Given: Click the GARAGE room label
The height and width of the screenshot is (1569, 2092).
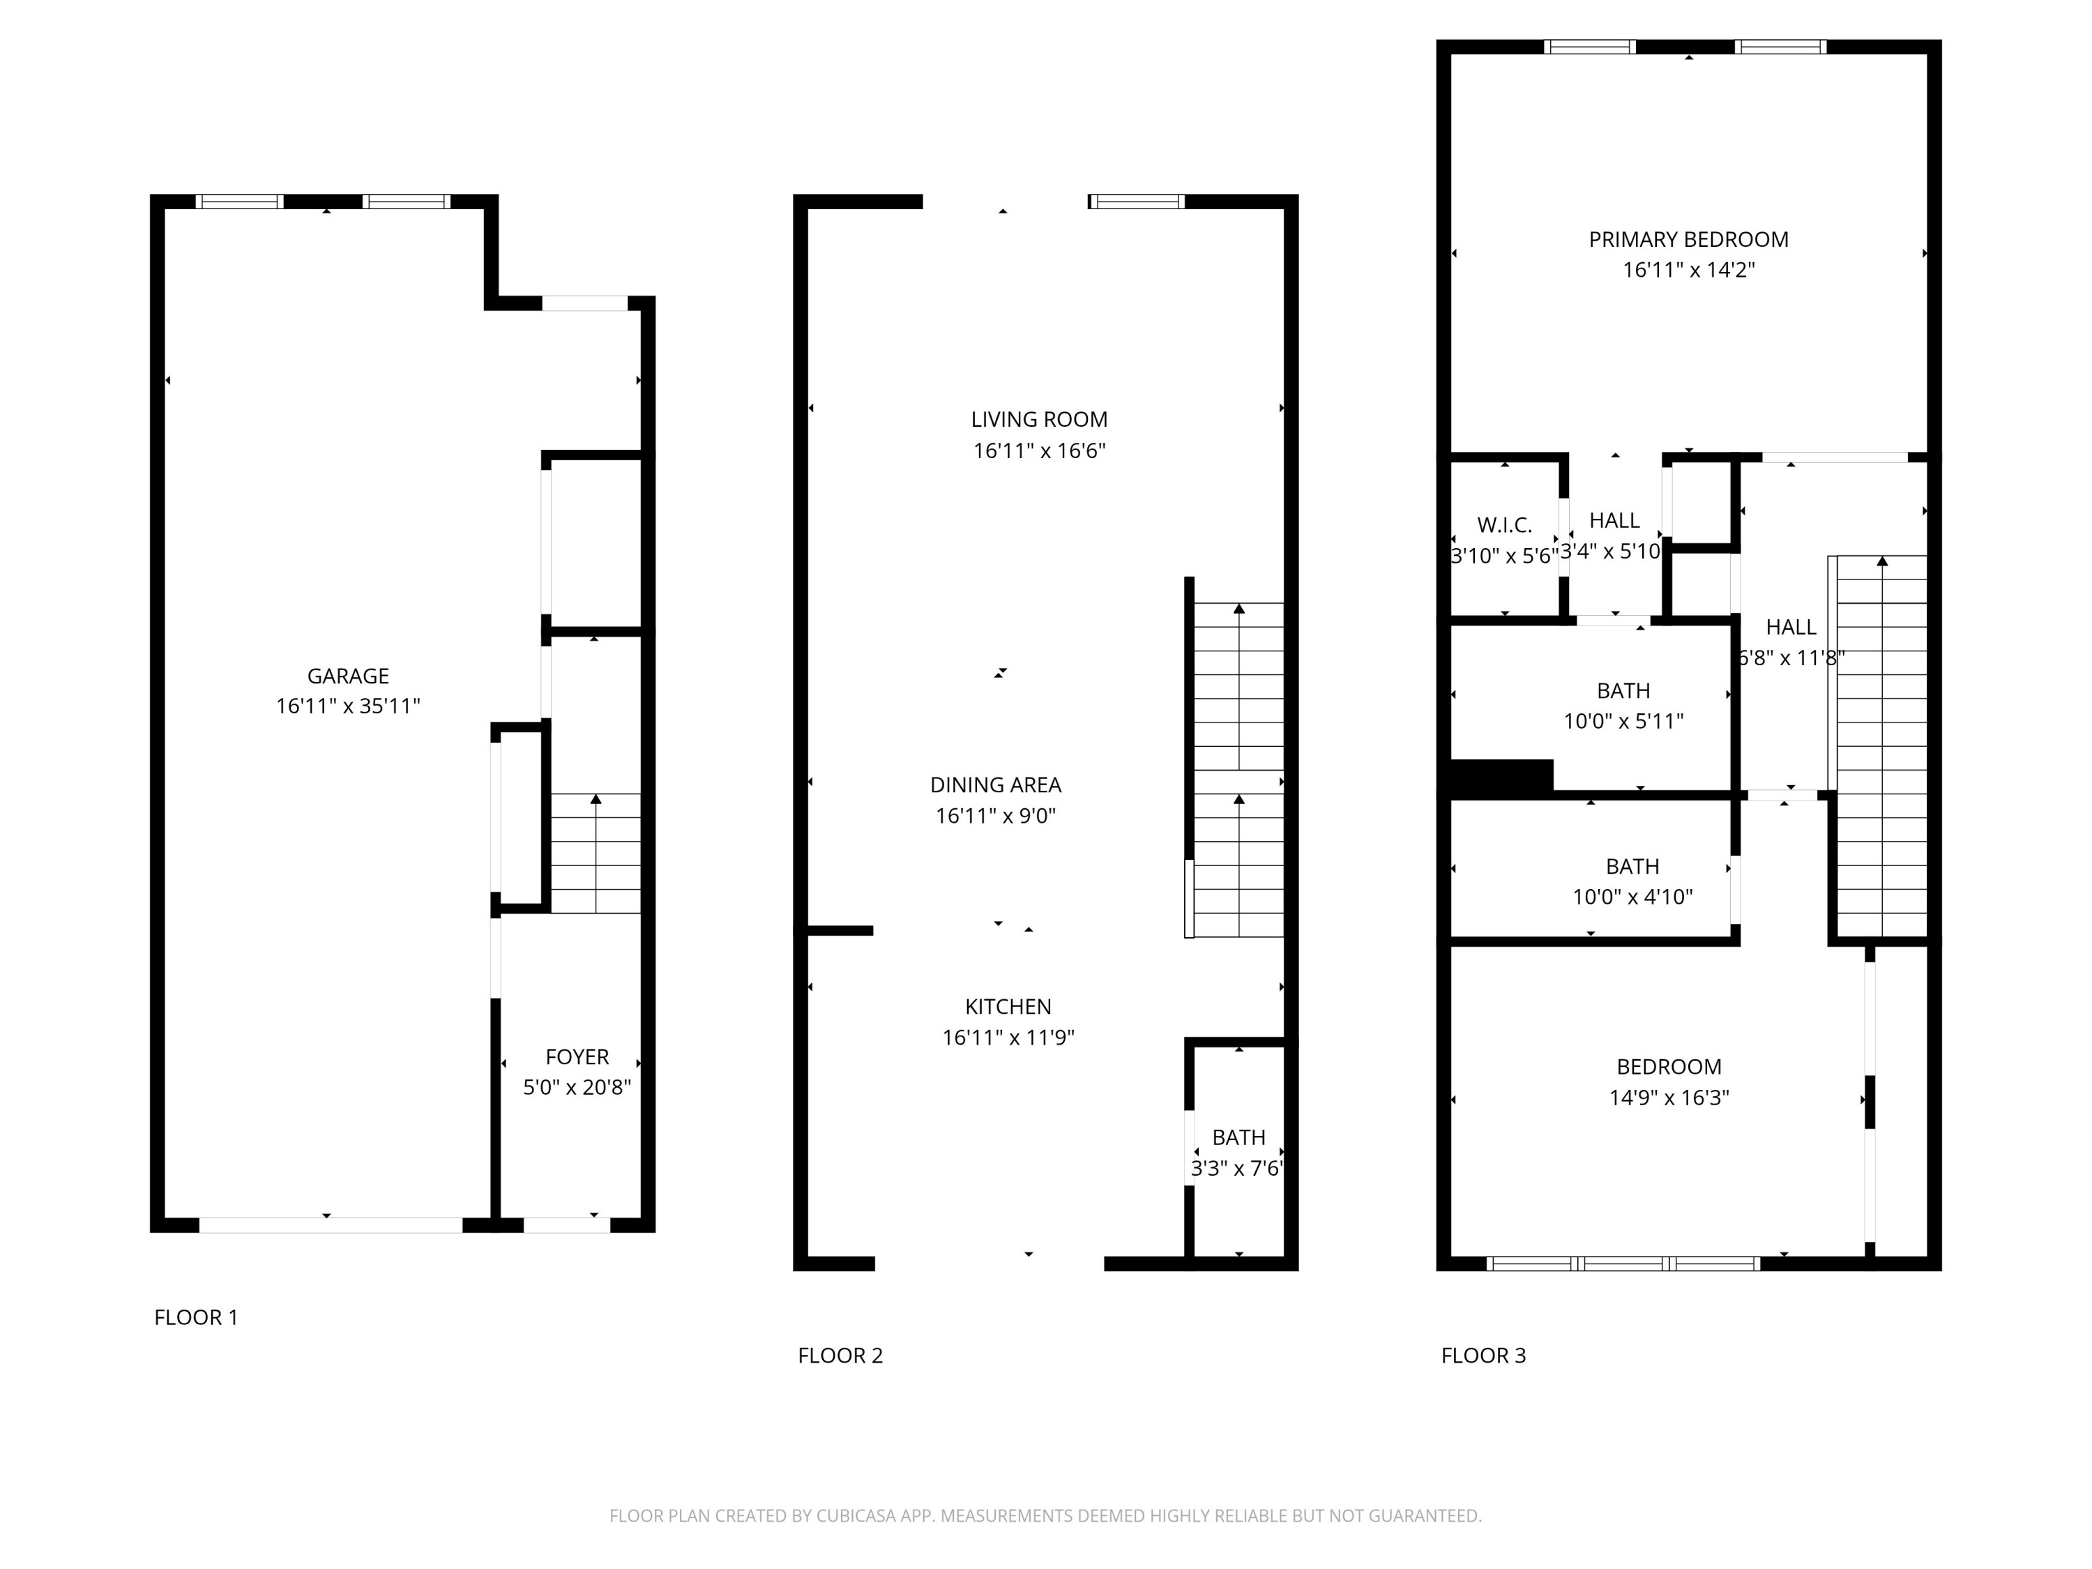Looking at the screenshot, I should coord(348,675).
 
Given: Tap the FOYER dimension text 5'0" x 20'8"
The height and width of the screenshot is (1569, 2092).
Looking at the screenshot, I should coord(577,1086).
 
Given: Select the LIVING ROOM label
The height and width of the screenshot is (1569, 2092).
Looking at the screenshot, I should coord(1038,419).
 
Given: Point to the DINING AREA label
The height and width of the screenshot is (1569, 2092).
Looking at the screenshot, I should coord(995,784).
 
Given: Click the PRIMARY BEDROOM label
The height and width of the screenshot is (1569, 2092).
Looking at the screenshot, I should coord(1688,239).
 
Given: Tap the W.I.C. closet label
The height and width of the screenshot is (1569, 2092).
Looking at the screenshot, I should coord(1503,525).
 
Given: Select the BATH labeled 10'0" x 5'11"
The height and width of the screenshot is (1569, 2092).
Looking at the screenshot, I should coord(1623,706).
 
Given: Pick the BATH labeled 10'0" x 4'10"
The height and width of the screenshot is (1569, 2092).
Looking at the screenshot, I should coord(1632,881).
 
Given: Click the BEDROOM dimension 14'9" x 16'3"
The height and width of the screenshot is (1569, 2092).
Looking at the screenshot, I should coord(1668,1097).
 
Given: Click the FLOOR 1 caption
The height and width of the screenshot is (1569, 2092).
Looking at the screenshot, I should coord(196,1317).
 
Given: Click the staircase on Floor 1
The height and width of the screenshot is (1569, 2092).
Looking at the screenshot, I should coord(596,853).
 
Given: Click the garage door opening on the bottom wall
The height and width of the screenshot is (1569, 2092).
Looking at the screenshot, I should coord(330,1225).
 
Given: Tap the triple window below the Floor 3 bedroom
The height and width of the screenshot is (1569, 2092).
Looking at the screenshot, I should coord(1623,1263).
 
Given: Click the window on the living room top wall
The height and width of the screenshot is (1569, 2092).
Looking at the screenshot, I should coord(1136,201).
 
